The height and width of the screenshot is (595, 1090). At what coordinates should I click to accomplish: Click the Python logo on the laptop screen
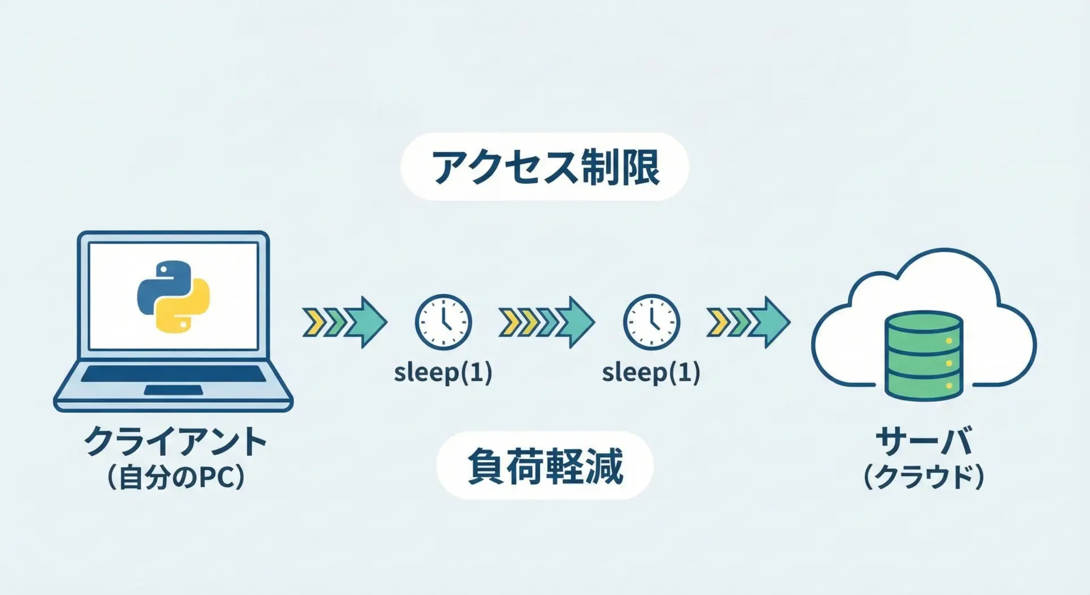[174, 296]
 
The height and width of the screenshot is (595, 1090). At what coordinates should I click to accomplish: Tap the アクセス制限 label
[545, 167]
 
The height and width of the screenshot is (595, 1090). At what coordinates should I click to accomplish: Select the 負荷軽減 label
[545, 466]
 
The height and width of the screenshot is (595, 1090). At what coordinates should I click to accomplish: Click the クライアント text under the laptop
[175, 441]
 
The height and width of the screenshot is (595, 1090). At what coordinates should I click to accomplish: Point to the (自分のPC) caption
[175, 477]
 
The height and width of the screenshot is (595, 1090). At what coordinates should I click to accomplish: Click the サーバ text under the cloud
[924, 440]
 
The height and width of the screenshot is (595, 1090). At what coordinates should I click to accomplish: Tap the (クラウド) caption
[924, 477]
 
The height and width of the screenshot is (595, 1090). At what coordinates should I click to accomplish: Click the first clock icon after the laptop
[443, 322]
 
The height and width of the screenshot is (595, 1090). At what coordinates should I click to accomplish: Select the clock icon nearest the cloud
[651, 322]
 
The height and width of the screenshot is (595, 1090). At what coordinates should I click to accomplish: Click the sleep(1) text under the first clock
[443, 373]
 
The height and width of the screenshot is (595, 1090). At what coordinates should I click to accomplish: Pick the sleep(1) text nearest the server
[651, 373]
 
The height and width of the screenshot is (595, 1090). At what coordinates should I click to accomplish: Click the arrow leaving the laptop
[345, 322]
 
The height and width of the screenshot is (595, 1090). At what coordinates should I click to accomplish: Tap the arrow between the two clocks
[547, 322]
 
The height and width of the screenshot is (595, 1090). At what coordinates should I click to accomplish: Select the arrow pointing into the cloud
[748, 322]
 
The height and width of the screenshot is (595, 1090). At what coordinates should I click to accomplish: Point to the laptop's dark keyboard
[173, 373]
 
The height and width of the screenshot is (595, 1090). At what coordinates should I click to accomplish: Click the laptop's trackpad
[173, 390]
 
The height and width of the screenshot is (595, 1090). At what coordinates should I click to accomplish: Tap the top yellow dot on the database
[949, 341]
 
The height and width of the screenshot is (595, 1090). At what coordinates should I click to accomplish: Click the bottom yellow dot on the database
[949, 386]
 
